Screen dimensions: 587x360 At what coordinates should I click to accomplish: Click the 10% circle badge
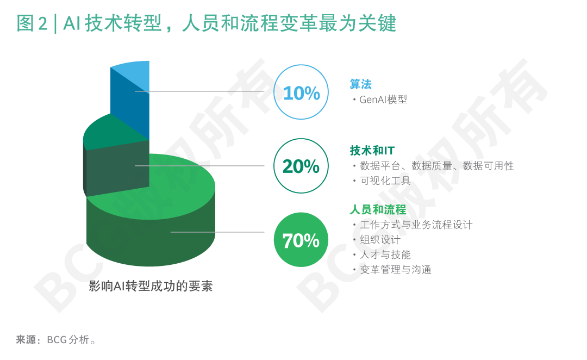(301, 92)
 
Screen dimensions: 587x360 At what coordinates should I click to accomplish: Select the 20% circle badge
(301, 166)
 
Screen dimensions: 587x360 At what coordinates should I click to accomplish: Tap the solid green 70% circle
(301, 240)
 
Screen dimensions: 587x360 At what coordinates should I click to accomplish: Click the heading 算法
(360, 84)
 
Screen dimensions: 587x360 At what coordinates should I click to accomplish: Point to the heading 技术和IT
(372, 151)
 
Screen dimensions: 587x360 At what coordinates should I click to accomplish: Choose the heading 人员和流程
(378, 209)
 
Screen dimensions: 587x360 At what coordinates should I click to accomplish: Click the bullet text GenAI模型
(383, 100)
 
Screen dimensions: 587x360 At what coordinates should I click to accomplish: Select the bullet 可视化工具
(385, 181)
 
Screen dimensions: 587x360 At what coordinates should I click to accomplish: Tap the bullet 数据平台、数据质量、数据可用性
(436, 166)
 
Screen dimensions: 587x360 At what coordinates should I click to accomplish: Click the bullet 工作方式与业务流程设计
(416, 225)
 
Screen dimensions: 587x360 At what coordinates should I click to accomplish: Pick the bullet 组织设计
(380, 240)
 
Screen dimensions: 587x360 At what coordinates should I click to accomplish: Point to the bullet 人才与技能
(385, 255)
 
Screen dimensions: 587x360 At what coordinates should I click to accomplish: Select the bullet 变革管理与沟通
(395, 270)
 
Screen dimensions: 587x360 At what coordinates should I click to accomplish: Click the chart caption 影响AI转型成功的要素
(151, 286)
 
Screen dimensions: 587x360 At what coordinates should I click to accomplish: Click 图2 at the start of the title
(32, 23)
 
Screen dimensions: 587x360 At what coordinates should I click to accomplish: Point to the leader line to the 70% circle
(217, 232)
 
